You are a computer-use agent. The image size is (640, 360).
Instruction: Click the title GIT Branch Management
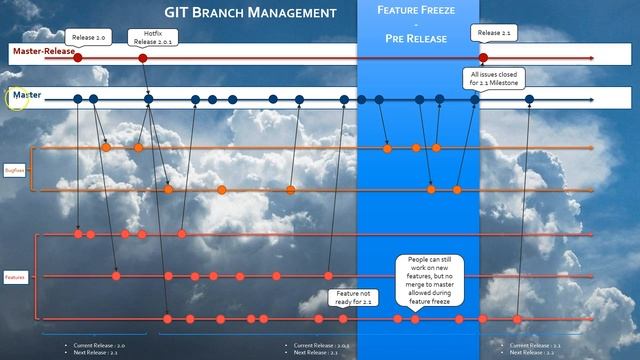(x=250, y=13)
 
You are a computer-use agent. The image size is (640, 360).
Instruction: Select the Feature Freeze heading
(x=418, y=13)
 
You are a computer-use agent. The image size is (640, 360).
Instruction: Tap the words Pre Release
(x=418, y=38)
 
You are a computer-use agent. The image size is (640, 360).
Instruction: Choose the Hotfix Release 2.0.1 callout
(x=152, y=38)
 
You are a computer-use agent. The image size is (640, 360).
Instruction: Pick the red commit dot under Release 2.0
(x=78, y=59)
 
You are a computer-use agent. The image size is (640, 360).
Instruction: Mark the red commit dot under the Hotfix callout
(x=143, y=59)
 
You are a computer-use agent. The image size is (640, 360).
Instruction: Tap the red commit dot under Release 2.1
(x=483, y=59)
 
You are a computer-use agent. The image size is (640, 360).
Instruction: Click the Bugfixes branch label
(x=15, y=170)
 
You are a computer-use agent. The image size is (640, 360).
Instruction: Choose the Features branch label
(x=15, y=277)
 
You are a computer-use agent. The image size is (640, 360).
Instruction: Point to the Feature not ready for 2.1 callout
(x=352, y=297)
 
